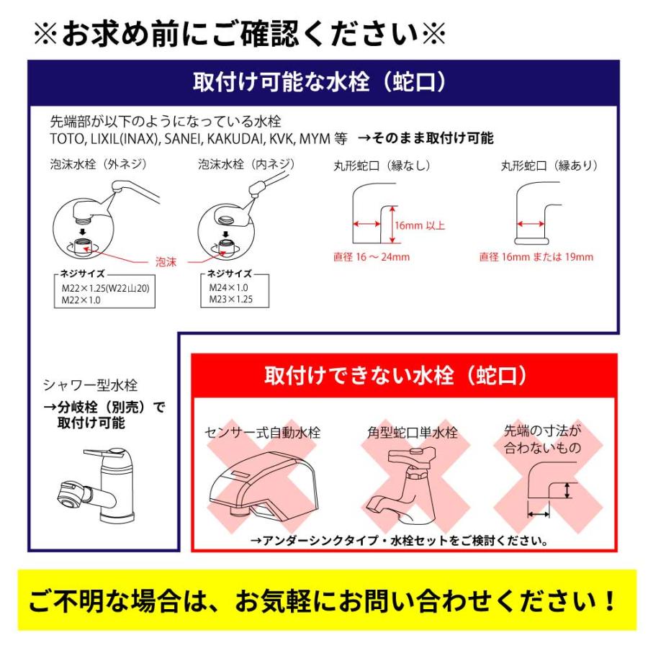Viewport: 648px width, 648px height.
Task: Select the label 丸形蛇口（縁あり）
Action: point(550,166)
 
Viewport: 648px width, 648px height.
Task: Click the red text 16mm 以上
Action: point(420,225)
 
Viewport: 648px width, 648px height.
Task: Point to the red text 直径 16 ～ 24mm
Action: point(371,257)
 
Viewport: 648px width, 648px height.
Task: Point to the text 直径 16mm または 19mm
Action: point(536,257)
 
